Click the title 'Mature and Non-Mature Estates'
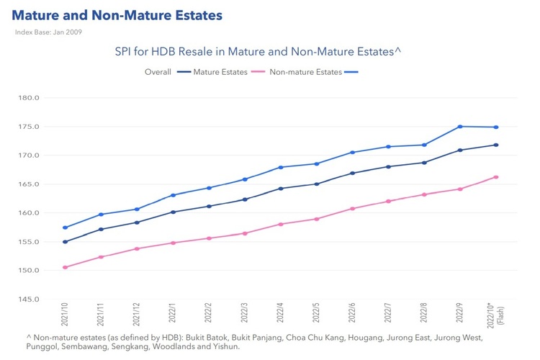[x=117, y=15]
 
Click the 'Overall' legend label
[x=158, y=72]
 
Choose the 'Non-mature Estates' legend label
[x=306, y=72]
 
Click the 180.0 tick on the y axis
[x=37, y=98]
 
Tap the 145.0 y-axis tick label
[x=37, y=300]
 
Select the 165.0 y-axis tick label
[x=37, y=184]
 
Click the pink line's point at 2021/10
[x=65, y=267]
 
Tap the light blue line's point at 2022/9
[x=460, y=127]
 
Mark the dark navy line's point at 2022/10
[x=496, y=145]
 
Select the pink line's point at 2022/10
[x=496, y=177]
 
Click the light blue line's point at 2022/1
[x=173, y=195]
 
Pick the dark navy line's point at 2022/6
[x=352, y=173]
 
